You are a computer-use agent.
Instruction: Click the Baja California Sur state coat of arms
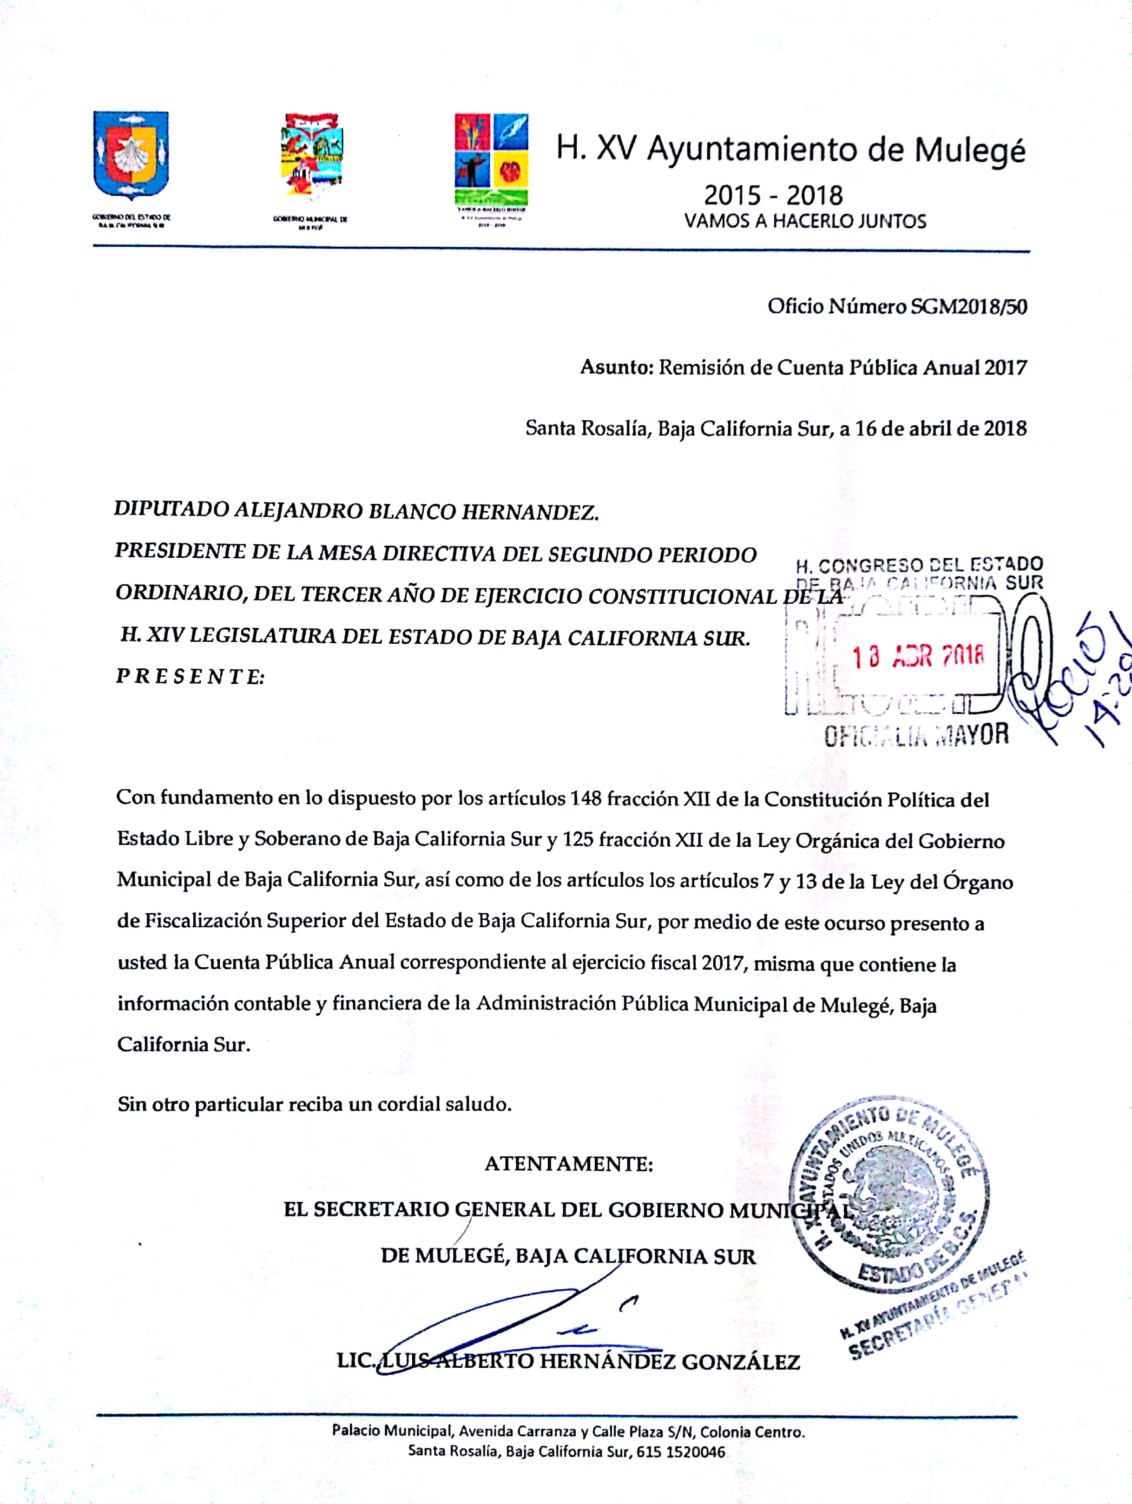[x=131, y=156]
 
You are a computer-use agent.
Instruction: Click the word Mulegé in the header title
[x=969, y=150]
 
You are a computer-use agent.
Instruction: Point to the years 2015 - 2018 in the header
[x=773, y=196]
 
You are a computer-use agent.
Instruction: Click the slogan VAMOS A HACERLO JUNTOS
[x=805, y=221]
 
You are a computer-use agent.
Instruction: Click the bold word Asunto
[x=616, y=368]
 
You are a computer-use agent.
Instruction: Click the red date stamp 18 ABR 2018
[x=918, y=656]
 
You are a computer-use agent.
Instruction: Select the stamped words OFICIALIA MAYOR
[x=916, y=735]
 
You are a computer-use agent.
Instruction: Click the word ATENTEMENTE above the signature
[x=568, y=1164]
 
